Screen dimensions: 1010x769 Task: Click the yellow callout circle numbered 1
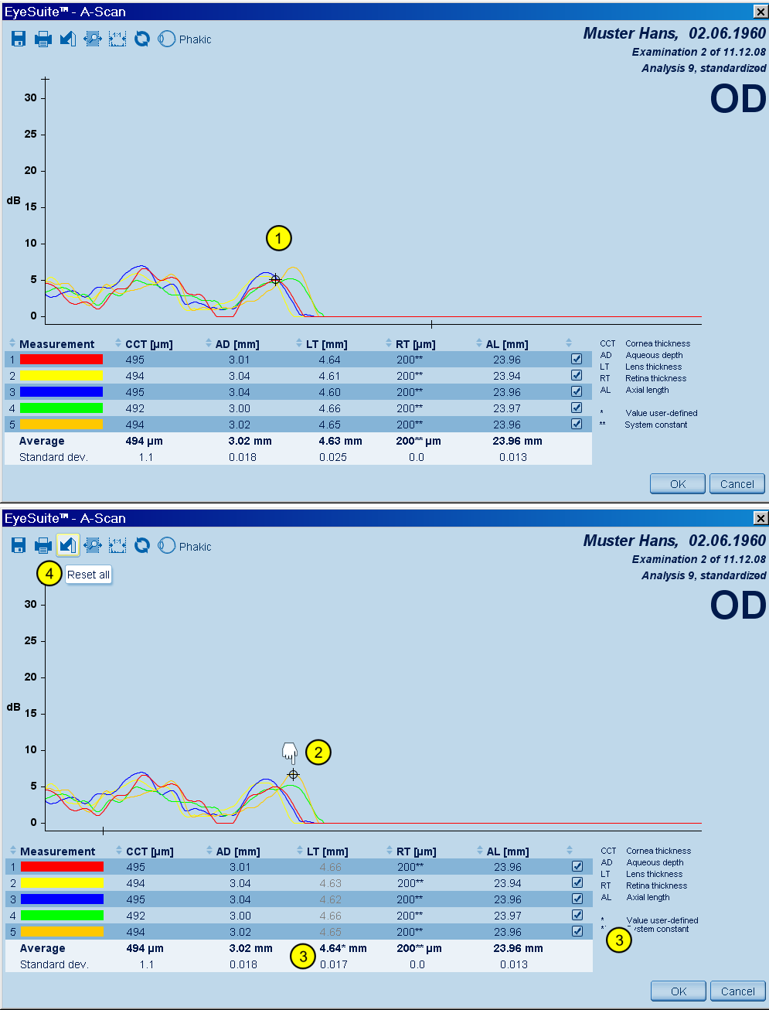[278, 238]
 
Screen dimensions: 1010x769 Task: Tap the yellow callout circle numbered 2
[318, 752]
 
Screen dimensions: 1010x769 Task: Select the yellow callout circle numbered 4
[49, 574]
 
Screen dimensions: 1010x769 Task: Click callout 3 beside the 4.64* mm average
[302, 956]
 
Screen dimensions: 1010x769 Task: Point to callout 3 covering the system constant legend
[619, 940]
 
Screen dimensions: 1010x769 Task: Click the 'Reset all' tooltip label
[88, 575]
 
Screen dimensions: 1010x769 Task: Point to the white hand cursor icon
[290, 752]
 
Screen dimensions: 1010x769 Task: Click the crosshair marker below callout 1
[275, 280]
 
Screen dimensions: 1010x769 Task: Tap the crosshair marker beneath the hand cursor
[293, 774]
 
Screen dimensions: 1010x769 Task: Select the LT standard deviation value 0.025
[332, 457]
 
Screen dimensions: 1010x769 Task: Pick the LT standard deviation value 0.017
[333, 964]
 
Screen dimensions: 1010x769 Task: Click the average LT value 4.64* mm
[343, 948]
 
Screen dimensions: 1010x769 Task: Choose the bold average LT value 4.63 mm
[340, 441]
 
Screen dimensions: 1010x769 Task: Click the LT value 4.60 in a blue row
[329, 392]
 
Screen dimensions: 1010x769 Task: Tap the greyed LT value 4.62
[330, 899]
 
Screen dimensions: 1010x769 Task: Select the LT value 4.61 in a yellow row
[329, 376]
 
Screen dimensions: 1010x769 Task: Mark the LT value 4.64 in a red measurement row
[329, 360]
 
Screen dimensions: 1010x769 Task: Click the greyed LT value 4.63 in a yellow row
[330, 883]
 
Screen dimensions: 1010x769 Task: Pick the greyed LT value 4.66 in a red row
[330, 867]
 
